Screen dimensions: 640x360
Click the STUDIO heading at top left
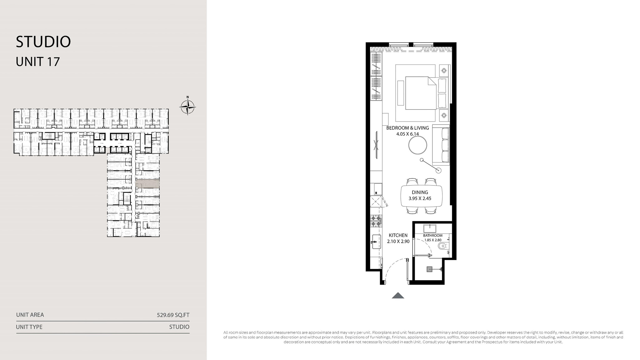click(43, 42)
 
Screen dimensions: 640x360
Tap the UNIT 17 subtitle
click(38, 62)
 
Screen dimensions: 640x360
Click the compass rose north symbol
click(187, 107)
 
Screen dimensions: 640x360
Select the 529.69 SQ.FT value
click(173, 315)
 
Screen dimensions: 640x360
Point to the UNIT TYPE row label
click(29, 327)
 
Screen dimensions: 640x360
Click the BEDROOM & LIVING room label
click(407, 128)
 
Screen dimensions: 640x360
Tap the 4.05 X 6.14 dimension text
click(407, 134)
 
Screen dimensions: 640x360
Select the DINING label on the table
click(420, 192)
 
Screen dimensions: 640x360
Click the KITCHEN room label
click(398, 235)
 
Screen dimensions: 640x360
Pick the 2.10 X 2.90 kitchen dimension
click(398, 242)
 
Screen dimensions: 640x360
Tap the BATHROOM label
click(433, 236)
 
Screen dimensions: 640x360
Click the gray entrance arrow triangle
click(398, 295)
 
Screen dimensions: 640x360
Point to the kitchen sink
click(376, 242)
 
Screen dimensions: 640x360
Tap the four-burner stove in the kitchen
click(376, 221)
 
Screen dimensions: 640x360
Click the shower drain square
click(430, 269)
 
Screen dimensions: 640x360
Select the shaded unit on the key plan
click(147, 184)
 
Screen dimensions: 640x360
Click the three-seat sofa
click(441, 145)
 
